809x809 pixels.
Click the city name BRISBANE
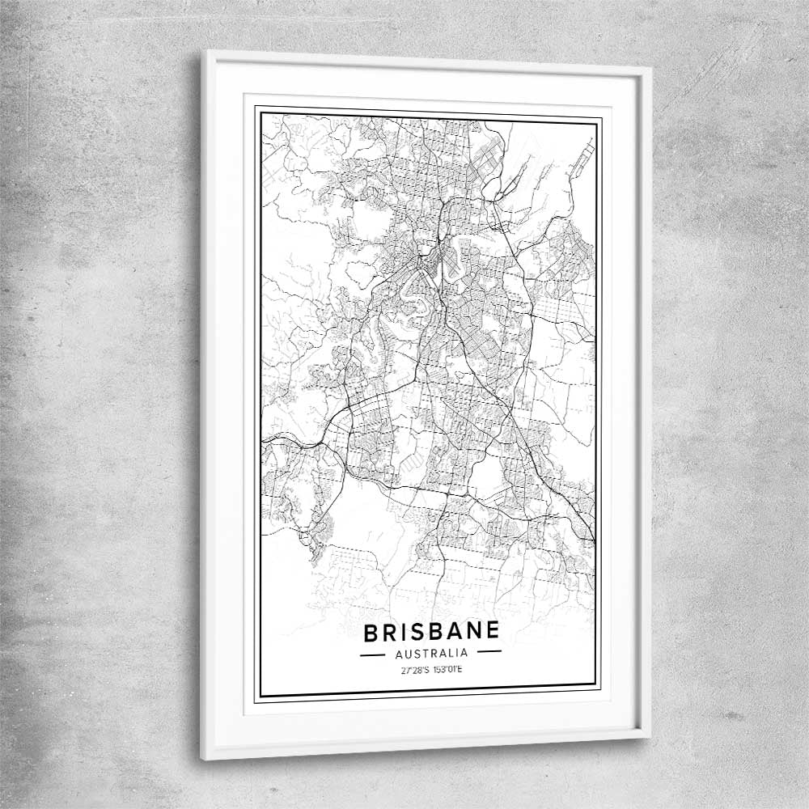(431, 631)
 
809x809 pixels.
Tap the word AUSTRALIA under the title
(430, 652)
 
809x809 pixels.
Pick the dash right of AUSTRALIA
(489, 651)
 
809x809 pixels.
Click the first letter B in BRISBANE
(370, 632)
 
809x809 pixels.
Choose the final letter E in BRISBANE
(492, 630)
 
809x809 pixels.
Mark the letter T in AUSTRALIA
(424, 652)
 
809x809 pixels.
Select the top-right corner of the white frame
(651, 69)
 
